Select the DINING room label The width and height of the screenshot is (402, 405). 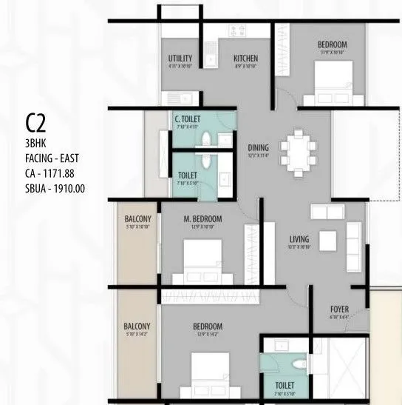pyautogui.click(x=258, y=147)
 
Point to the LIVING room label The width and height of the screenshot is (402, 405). pyautogui.click(x=299, y=238)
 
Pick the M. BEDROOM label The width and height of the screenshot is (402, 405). pyautogui.click(x=202, y=219)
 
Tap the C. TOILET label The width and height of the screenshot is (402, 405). pyautogui.click(x=188, y=119)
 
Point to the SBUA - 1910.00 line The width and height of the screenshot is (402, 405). pyautogui.click(x=55, y=188)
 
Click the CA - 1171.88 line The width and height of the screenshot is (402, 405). pyautogui.click(x=50, y=172)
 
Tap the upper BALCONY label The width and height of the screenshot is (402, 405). pyautogui.click(x=138, y=219)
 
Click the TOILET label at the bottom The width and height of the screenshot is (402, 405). pyautogui.click(x=285, y=386)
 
